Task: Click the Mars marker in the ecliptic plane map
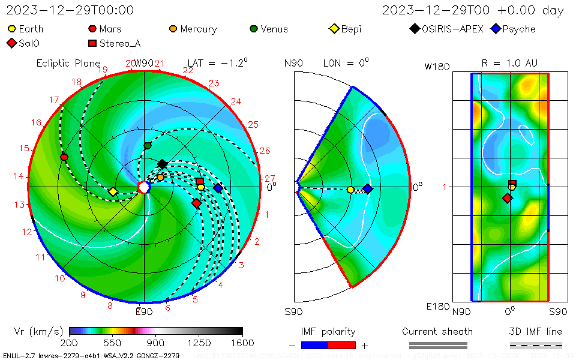click(64, 157)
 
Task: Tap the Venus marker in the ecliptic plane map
click(148, 146)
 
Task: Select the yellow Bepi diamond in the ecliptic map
click(113, 192)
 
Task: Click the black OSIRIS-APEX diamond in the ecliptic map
click(162, 164)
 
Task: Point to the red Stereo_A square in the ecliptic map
click(200, 181)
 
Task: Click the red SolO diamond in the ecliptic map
click(196, 203)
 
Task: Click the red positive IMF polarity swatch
click(342, 345)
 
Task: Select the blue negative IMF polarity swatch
click(314, 345)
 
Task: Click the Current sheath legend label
click(437, 332)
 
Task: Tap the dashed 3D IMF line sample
click(536, 345)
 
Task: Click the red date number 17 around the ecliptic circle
click(54, 100)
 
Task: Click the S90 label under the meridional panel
click(293, 311)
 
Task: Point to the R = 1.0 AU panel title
click(509, 63)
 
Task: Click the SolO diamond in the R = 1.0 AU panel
click(507, 198)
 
